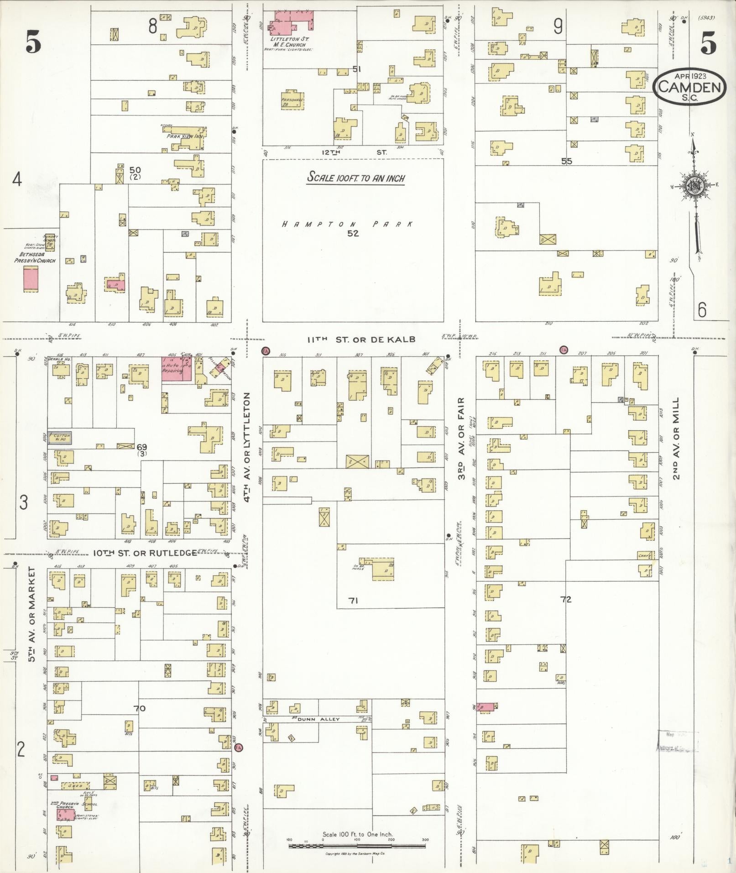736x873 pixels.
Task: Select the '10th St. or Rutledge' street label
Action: point(145,553)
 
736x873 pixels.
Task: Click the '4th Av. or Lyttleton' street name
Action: point(248,447)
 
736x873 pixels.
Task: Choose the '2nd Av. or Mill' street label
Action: point(676,438)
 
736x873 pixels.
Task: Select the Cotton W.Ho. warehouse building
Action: point(60,438)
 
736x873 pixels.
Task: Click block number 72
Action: point(566,599)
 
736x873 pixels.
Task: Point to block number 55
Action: point(566,161)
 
